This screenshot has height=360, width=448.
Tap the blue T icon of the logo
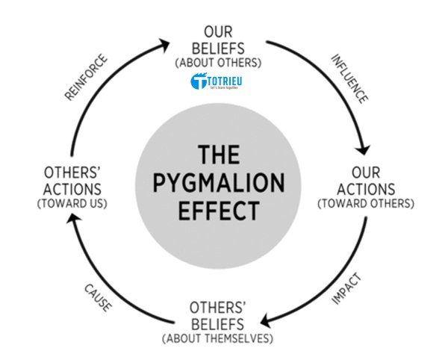tap(199, 83)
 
